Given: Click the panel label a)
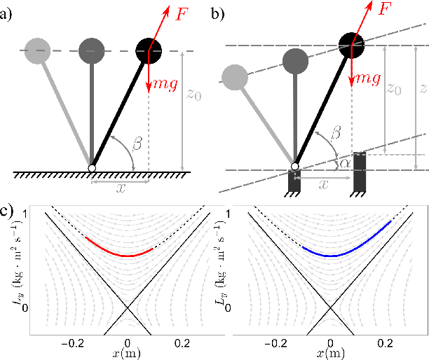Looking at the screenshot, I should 6,12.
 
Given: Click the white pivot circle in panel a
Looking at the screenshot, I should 92,168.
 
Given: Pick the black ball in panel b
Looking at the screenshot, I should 353,46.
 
